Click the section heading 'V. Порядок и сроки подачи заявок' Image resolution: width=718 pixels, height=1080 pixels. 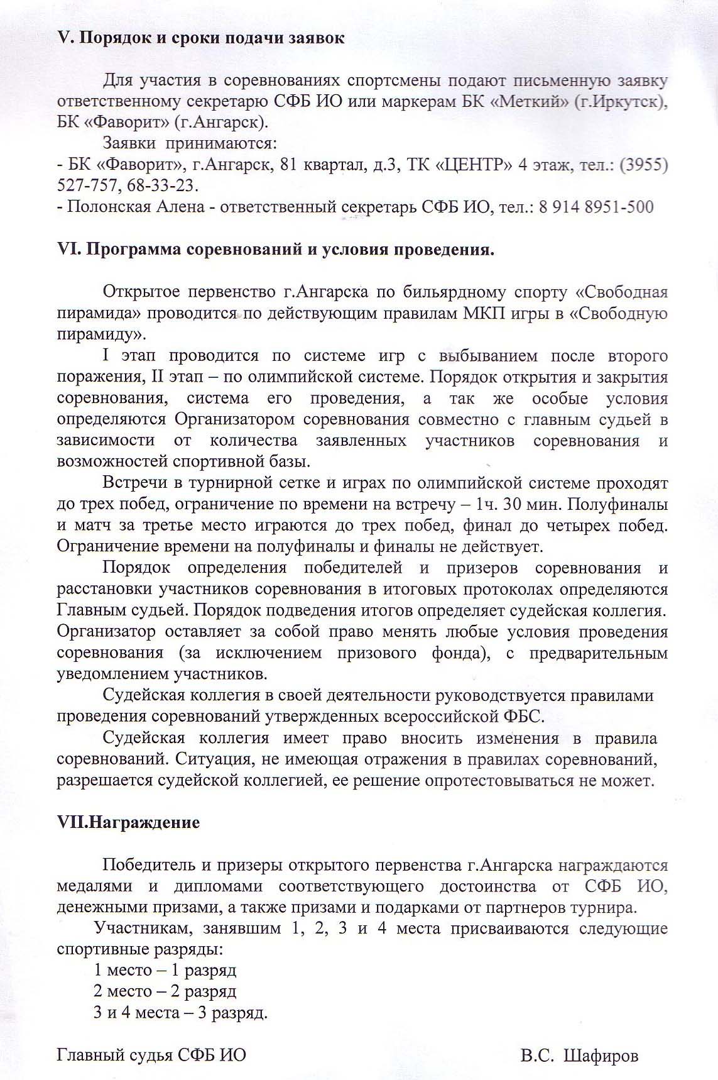tap(200, 38)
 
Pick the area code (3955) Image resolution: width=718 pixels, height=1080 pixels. tap(643, 165)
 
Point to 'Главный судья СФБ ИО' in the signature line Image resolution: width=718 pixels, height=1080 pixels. tap(151, 1055)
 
